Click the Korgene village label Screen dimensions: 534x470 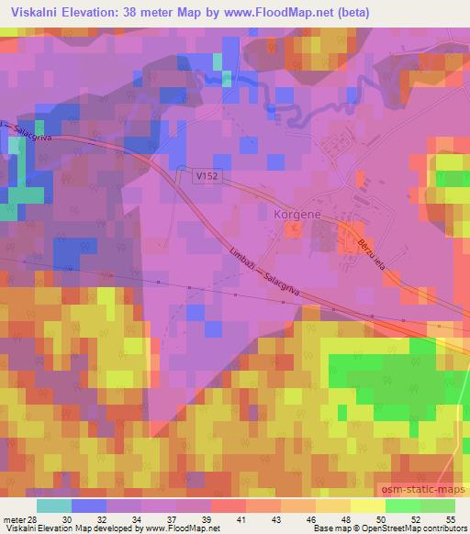pos(296,214)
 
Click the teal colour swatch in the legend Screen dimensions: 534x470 pos(54,505)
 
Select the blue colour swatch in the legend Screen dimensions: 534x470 pos(89,505)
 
